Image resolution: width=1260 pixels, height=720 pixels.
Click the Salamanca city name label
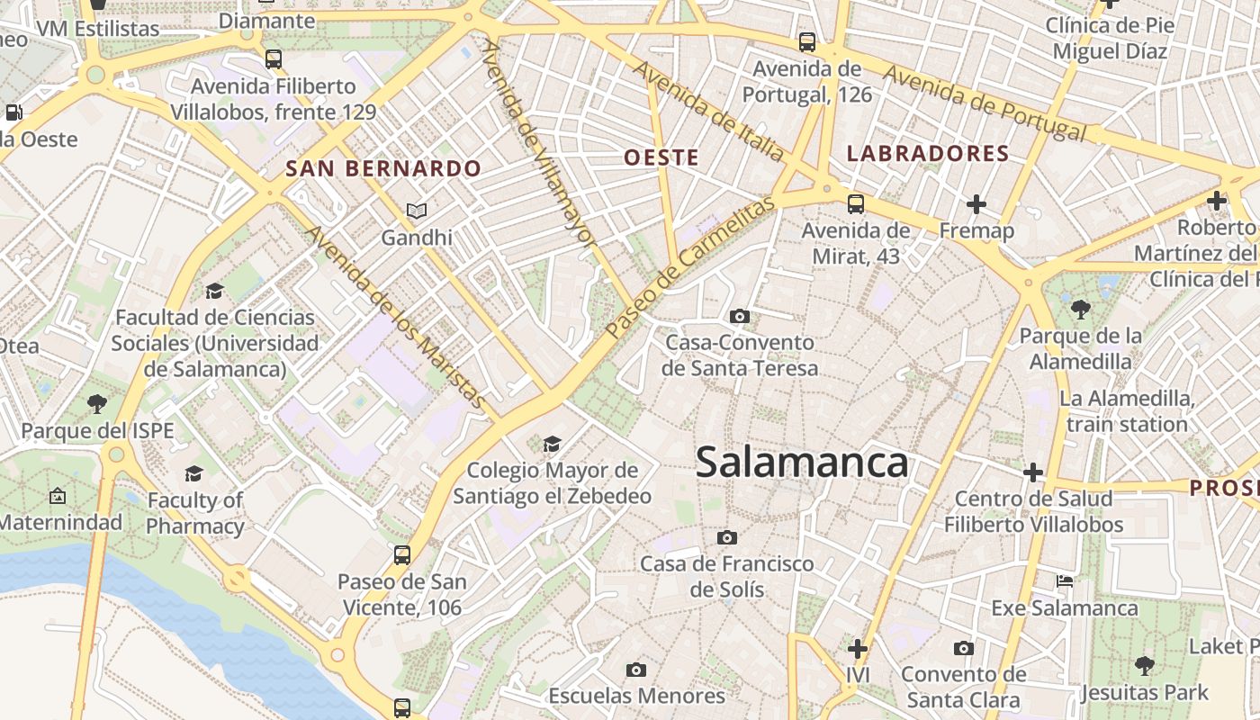tap(801, 463)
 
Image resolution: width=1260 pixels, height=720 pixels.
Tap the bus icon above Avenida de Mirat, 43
tap(855, 203)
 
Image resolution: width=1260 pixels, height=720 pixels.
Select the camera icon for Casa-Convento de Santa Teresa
tap(740, 316)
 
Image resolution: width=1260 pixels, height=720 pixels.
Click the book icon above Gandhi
tap(416, 211)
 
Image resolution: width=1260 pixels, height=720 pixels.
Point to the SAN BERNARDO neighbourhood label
tap(383, 168)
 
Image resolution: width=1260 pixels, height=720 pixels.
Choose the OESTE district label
tap(661, 157)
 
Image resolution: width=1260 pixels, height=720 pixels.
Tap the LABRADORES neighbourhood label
tap(928, 154)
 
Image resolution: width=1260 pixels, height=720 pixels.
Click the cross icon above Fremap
tap(976, 204)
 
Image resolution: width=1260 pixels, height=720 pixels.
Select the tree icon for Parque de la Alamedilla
tap(1081, 310)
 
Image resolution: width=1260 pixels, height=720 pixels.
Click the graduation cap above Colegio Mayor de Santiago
tap(552, 444)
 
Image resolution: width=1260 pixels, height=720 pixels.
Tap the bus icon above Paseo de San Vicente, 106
tap(402, 555)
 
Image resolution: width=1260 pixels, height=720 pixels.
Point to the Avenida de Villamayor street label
tap(538, 144)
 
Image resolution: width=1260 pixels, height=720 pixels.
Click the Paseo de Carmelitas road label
tap(689, 268)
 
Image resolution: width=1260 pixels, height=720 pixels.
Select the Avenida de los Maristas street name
tap(396, 317)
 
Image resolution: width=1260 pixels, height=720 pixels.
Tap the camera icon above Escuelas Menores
tap(636, 670)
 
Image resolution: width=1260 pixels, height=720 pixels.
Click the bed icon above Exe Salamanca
tap(1065, 580)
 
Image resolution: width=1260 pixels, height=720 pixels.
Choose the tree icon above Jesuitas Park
tap(1144, 666)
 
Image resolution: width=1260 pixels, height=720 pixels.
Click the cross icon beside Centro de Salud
tap(1033, 472)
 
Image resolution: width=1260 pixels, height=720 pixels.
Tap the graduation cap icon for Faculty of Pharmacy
tap(193, 473)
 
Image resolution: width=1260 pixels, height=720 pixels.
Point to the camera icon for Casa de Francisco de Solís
tap(727, 537)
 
